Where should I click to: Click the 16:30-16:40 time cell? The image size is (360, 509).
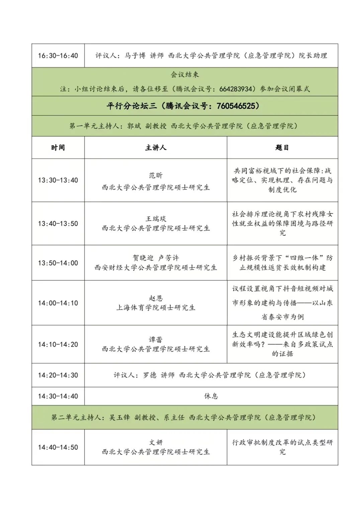[x=58, y=56]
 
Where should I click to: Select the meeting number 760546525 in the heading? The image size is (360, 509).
[x=238, y=106]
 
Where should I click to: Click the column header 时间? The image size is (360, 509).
[x=58, y=148]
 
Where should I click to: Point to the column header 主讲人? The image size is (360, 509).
[x=156, y=148]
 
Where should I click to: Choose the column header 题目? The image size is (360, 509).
[x=282, y=148]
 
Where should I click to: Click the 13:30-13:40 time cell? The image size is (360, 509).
[x=58, y=180]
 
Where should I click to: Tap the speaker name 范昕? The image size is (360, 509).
[x=156, y=175]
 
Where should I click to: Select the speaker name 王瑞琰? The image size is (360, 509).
[x=156, y=219]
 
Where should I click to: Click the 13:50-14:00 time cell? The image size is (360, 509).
[x=58, y=263]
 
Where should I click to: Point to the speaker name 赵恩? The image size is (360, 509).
[x=156, y=298]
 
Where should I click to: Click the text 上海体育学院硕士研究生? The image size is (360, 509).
[x=156, y=307]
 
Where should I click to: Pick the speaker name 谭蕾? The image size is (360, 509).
[x=156, y=340]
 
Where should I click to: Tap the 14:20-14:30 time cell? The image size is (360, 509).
[x=58, y=375]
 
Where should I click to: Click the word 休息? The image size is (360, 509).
[x=211, y=396]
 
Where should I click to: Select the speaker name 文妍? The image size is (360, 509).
[x=156, y=442]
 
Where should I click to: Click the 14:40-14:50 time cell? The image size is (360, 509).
[x=58, y=447]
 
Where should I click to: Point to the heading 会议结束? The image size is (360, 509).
[x=185, y=74]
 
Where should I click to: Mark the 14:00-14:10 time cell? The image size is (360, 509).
[x=58, y=303]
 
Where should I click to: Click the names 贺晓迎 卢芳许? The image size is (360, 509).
[x=156, y=258]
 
